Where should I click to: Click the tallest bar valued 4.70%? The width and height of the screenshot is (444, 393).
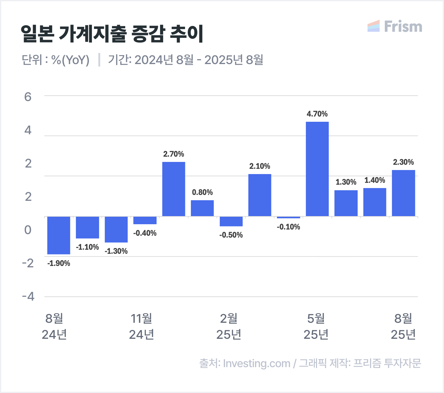pyautogui.click(x=317, y=169)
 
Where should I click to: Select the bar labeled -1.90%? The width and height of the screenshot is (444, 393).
pyautogui.click(x=59, y=235)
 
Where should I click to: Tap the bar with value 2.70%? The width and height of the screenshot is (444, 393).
pyautogui.click(x=174, y=189)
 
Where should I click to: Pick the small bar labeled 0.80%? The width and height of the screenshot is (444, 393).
pyautogui.click(x=202, y=208)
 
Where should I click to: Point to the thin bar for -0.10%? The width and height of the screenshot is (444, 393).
pyautogui.click(x=289, y=217)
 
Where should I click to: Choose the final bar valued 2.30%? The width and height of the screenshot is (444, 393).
pyautogui.click(x=403, y=193)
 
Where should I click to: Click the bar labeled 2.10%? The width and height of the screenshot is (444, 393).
pyautogui.click(x=260, y=195)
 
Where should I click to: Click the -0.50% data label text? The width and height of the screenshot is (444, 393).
pyautogui.click(x=231, y=235)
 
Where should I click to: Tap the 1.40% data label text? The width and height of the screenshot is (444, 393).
pyautogui.click(x=375, y=180)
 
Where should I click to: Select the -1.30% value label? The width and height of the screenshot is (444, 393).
pyautogui.click(x=116, y=251)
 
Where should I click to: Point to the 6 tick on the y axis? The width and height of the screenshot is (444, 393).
pyautogui.click(x=28, y=97)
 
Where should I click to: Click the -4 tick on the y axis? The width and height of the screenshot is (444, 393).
pyautogui.click(x=28, y=297)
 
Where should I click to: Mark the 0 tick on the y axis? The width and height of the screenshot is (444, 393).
pyautogui.click(x=28, y=230)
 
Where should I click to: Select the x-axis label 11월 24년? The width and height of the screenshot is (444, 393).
pyautogui.click(x=142, y=326)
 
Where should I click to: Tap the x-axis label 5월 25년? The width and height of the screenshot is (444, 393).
pyautogui.click(x=316, y=326)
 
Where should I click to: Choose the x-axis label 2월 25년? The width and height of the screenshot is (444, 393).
pyautogui.click(x=229, y=326)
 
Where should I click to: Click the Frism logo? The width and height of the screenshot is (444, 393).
pyautogui.click(x=395, y=26)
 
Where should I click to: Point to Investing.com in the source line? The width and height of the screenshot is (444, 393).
pyautogui.click(x=257, y=364)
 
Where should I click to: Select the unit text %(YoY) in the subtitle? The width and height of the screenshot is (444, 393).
pyautogui.click(x=70, y=60)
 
